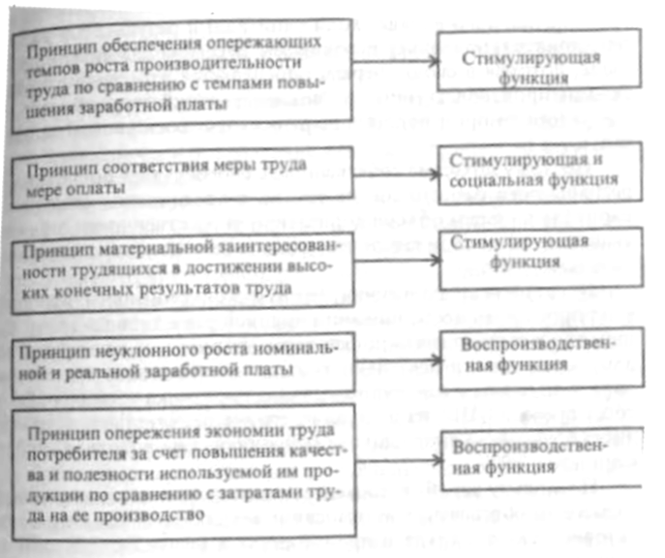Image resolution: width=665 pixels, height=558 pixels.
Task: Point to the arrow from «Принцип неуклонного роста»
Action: click(x=392, y=356)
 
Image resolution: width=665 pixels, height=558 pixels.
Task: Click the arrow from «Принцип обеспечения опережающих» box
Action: click(x=392, y=61)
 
